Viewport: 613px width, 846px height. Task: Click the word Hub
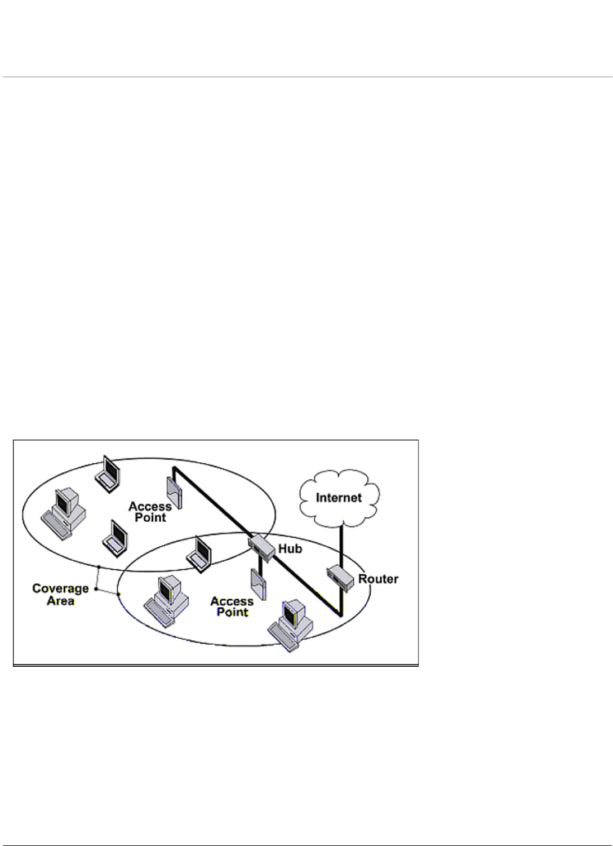click(290, 548)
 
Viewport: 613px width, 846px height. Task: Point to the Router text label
click(378, 579)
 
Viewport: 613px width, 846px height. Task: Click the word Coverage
click(60, 588)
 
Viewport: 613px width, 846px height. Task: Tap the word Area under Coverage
click(60, 601)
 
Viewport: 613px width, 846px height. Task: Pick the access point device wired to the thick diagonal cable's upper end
click(174, 492)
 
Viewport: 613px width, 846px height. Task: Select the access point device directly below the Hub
click(258, 584)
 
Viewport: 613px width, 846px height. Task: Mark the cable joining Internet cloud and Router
click(340, 544)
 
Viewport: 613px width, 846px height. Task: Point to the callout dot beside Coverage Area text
click(96, 589)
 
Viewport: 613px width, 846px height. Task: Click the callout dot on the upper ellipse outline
click(99, 566)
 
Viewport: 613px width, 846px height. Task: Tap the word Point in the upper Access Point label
click(150, 517)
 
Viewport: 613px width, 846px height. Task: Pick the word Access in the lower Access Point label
click(232, 601)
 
